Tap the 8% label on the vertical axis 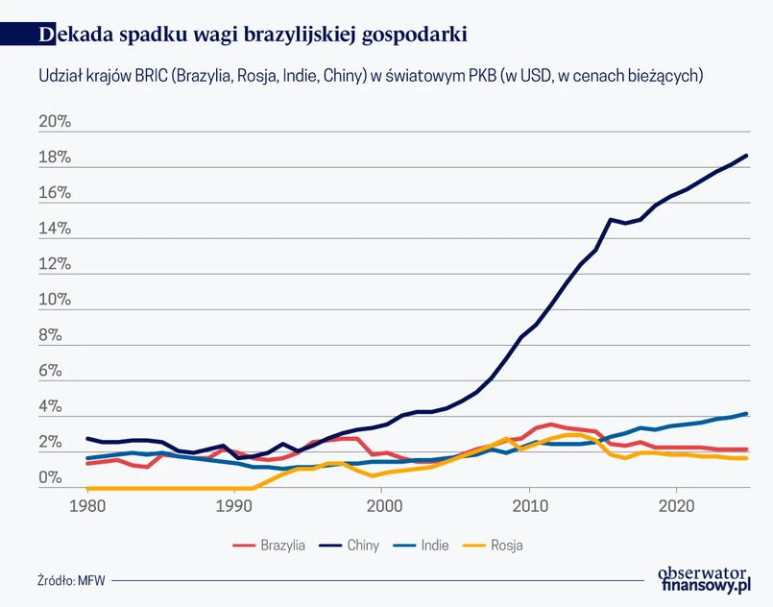[50, 336]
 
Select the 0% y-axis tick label [50, 477]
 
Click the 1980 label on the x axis [87, 504]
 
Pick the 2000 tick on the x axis [382, 504]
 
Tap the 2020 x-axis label [676, 504]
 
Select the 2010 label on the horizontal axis [529, 504]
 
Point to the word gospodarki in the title [415, 36]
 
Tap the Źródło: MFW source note [71, 581]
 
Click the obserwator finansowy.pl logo [703, 579]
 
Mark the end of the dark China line [747, 156]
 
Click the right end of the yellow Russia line [747, 458]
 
